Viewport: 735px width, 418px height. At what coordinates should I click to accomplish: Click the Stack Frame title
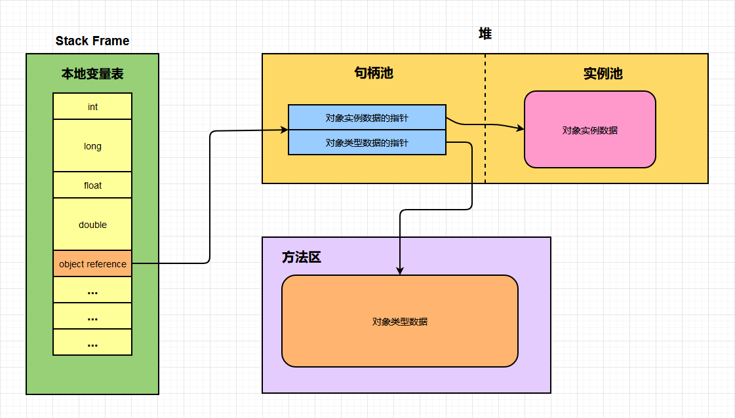tap(92, 41)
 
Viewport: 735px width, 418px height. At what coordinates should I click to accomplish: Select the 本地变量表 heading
tap(92, 74)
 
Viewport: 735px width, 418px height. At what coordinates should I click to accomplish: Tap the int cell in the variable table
tap(92, 106)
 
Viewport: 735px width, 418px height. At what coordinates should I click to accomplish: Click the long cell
tap(92, 145)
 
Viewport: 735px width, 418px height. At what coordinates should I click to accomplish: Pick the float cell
tap(92, 185)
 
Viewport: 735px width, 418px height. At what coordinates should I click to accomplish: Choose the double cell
tap(92, 224)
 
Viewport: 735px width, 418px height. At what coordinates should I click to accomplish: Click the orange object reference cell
tap(92, 264)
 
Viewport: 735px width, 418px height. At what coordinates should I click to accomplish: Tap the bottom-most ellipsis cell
tap(92, 342)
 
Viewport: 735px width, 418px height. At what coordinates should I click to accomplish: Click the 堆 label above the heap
tap(485, 34)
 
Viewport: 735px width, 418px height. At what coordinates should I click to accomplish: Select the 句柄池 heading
tap(374, 73)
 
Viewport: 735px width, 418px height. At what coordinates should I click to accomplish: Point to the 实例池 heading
tap(603, 73)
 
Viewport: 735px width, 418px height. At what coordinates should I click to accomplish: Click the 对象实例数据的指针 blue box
tap(367, 117)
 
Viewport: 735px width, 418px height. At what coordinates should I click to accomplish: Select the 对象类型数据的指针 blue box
tap(367, 142)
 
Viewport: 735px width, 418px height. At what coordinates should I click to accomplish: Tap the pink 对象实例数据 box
tap(590, 130)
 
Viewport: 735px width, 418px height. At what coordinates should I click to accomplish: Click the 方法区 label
tap(302, 257)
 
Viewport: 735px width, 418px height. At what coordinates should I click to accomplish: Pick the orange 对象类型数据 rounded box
tap(400, 321)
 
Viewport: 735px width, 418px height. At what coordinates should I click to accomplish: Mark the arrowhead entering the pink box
tap(521, 128)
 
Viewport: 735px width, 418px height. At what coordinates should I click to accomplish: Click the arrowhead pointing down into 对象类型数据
tap(400, 271)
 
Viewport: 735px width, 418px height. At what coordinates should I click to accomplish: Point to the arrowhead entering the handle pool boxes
tap(285, 130)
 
